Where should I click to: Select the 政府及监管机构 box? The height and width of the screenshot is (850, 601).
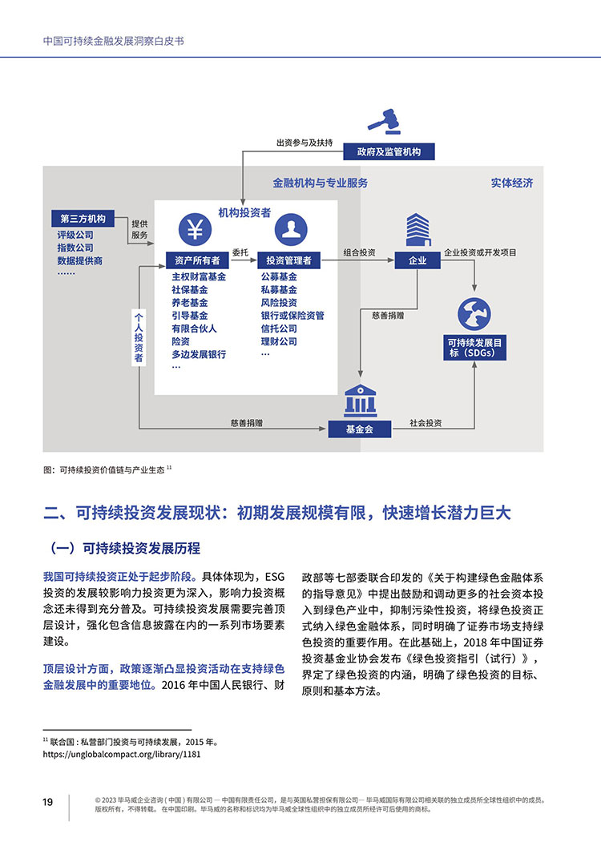tap(389, 151)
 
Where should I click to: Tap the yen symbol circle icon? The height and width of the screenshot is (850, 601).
tap(195, 229)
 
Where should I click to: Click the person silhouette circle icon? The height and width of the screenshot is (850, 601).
tap(291, 229)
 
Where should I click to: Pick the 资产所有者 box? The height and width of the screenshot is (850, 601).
tap(197, 260)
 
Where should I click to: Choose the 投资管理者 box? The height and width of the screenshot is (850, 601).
tap(288, 260)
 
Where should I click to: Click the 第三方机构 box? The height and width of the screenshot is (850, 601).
tap(83, 219)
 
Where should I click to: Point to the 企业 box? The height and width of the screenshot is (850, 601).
tap(417, 260)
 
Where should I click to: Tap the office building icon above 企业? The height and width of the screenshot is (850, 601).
tap(417, 230)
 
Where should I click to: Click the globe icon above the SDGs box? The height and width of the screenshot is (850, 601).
tap(474, 314)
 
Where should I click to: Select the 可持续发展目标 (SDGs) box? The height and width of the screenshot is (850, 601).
tap(474, 348)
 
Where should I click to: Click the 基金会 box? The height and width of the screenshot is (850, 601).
tap(359, 429)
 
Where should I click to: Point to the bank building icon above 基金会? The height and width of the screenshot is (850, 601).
tap(360, 401)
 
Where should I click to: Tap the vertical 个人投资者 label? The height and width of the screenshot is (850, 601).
tap(139, 336)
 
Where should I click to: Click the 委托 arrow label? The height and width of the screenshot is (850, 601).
tap(240, 252)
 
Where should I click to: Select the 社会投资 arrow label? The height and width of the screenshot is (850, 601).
tap(426, 423)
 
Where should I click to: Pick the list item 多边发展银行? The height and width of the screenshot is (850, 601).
tap(199, 355)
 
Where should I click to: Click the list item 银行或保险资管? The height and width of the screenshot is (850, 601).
tap(292, 316)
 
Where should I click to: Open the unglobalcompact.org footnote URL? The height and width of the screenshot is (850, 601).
tap(122, 754)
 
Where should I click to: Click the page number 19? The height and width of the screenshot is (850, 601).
tap(48, 802)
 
